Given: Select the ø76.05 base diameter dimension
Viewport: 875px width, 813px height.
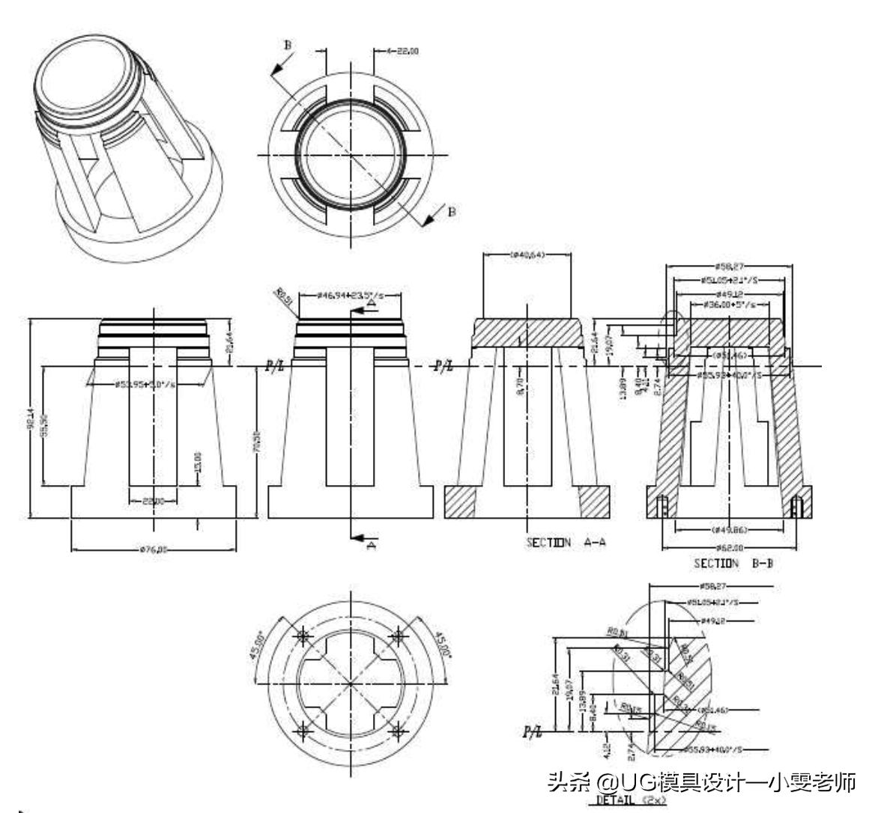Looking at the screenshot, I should (154, 549).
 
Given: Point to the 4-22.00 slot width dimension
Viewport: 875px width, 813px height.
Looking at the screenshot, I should (402, 51).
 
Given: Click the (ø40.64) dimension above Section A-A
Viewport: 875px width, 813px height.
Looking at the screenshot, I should (527, 255).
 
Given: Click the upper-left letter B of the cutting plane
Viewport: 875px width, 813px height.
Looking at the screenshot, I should (288, 46).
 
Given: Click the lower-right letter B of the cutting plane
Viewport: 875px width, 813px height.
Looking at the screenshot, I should (451, 212).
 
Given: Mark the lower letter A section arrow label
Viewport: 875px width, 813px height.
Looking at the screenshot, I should (370, 546).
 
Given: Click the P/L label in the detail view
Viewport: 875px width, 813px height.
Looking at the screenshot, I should (533, 731).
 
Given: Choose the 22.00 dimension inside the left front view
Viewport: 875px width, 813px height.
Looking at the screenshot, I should (154, 501).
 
